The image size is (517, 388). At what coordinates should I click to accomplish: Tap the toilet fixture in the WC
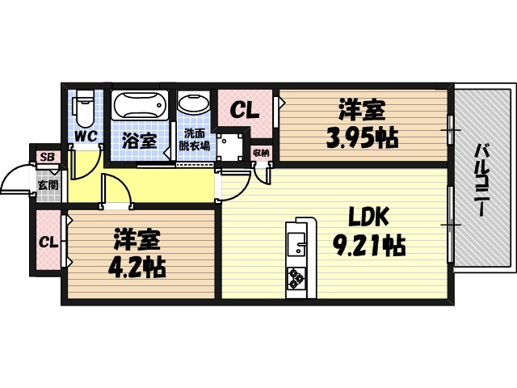point(83,108)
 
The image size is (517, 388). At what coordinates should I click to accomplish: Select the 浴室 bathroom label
point(139,139)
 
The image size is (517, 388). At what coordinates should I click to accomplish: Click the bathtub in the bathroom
point(141,106)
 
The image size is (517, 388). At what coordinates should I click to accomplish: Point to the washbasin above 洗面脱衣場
point(194,104)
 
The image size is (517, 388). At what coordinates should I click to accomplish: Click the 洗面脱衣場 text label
point(195,139)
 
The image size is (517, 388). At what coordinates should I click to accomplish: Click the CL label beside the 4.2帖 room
point(48,242)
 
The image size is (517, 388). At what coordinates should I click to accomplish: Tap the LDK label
point(368,216)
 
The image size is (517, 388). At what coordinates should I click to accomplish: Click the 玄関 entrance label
point(47,184)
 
